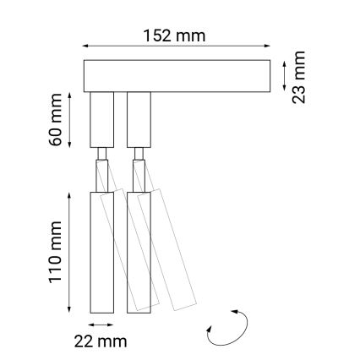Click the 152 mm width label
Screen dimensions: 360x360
click(176, 35)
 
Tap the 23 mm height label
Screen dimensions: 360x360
click(300, 77)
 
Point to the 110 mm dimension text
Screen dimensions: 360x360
click(57, 251)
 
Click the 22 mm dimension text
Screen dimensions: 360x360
click(101, 341)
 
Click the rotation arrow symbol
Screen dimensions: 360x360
click(226, 329)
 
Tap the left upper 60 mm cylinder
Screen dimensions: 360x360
click(101, 119)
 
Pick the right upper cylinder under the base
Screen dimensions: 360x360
click(138, 119)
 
